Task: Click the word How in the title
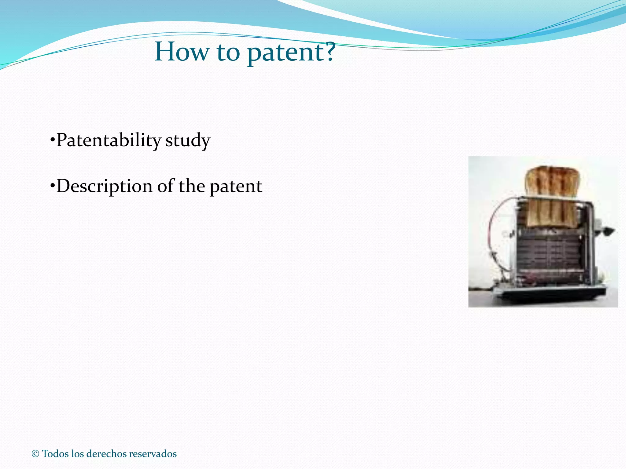182,52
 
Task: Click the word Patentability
109,140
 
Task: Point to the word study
188,141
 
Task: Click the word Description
104,186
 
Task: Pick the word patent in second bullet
236,187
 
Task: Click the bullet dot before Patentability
52,140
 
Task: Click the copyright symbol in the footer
35,454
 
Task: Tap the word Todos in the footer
55,454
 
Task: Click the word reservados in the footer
153,454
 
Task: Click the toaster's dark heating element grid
549,253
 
